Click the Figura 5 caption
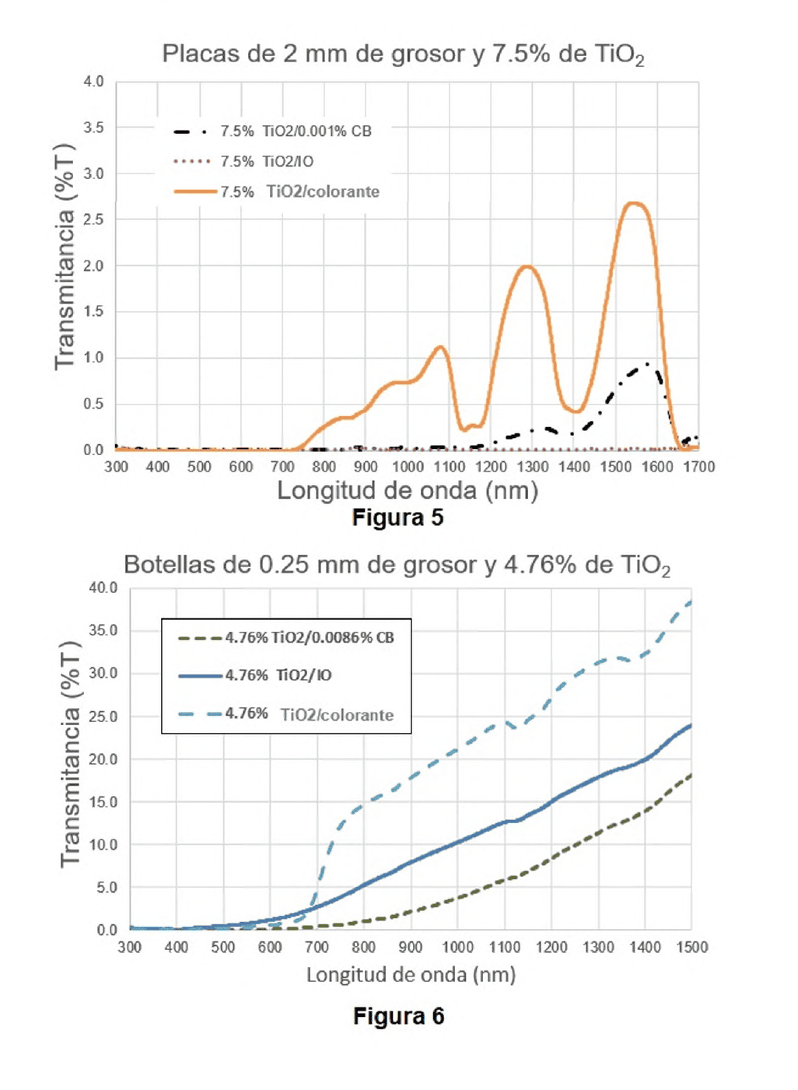click(397, 517)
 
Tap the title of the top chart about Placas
click(403, 54)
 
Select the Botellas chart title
click(397, 566)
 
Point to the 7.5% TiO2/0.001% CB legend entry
click(272, 131)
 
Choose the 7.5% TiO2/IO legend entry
click(243, 161)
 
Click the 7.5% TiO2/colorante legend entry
click(276, 191)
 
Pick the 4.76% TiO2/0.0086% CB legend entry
click(286, 637)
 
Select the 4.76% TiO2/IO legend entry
click(255, 675)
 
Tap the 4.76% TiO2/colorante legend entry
click(286, 714)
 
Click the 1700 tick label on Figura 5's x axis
click(698, 467)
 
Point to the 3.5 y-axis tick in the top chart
click(93, 128)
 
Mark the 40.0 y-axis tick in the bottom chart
click(103, 588)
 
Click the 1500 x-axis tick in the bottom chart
click(691, 947)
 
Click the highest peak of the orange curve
click(635, 203)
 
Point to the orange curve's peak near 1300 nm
click(527, 266)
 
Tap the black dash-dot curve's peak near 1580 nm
click(647, 363)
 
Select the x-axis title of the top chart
click(408, 490)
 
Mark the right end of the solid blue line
click(691, 726)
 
